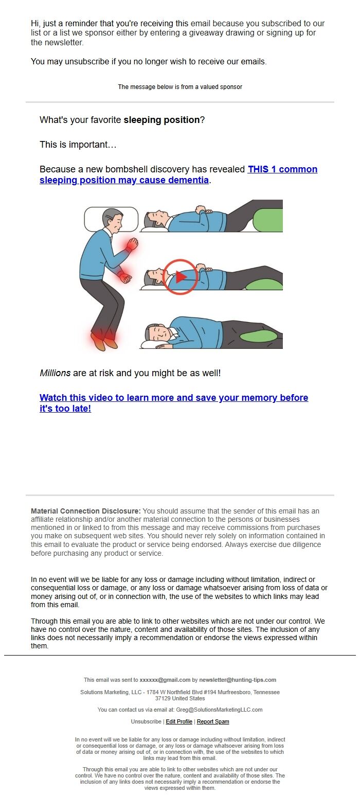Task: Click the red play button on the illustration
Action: pos(181,277)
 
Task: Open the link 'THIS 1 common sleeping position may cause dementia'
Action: pos(178,174)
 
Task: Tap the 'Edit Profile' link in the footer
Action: pos(179,721)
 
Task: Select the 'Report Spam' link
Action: pos(213,721)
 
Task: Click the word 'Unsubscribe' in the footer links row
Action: pos(146,721)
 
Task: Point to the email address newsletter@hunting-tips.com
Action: pos(238,680)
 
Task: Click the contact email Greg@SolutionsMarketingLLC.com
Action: pos(219,710)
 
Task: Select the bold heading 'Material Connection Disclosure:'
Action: pos(85,511)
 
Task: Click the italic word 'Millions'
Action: pos(56,373)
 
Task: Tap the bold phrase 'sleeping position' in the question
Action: pos(161,120)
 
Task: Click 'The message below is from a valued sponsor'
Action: pos(180,87)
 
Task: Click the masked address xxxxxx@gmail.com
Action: pos(165,680)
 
